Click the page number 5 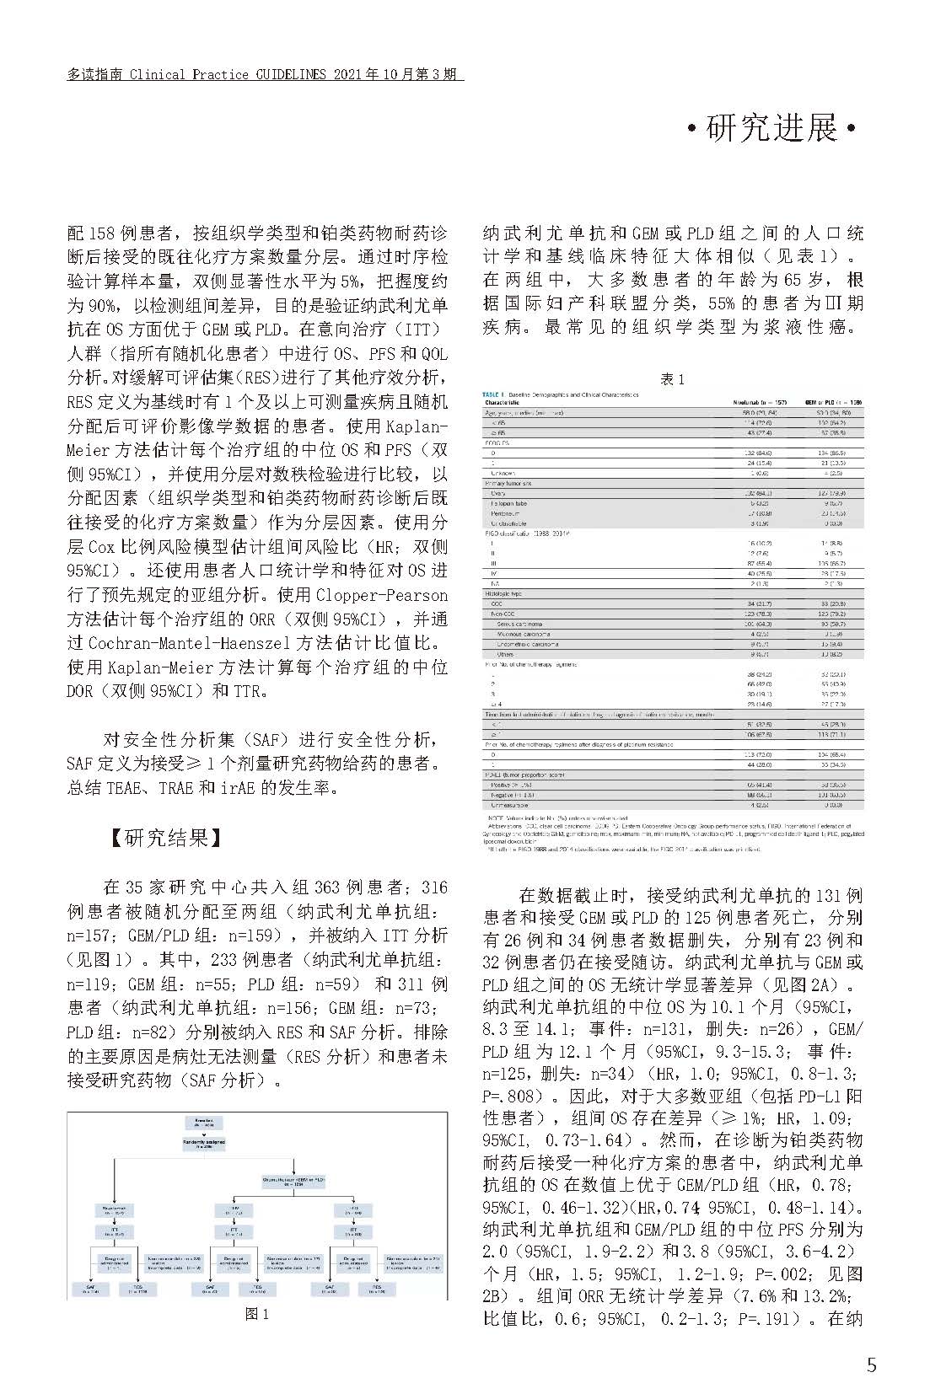(872, 1365)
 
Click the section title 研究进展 (771, 129)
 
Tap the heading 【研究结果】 (165, 837)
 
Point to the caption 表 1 (672, 379)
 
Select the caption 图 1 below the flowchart (257, 1314)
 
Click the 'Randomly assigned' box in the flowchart (204, 1144)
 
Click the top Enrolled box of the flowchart (204, 1123)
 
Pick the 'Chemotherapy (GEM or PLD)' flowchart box (293, 1182)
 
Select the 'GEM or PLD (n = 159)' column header (833, 403)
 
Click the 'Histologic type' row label (503, 594)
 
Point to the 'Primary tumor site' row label (508, 484)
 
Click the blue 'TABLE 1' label (492, 394)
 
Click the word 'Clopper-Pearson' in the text (381, 595)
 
